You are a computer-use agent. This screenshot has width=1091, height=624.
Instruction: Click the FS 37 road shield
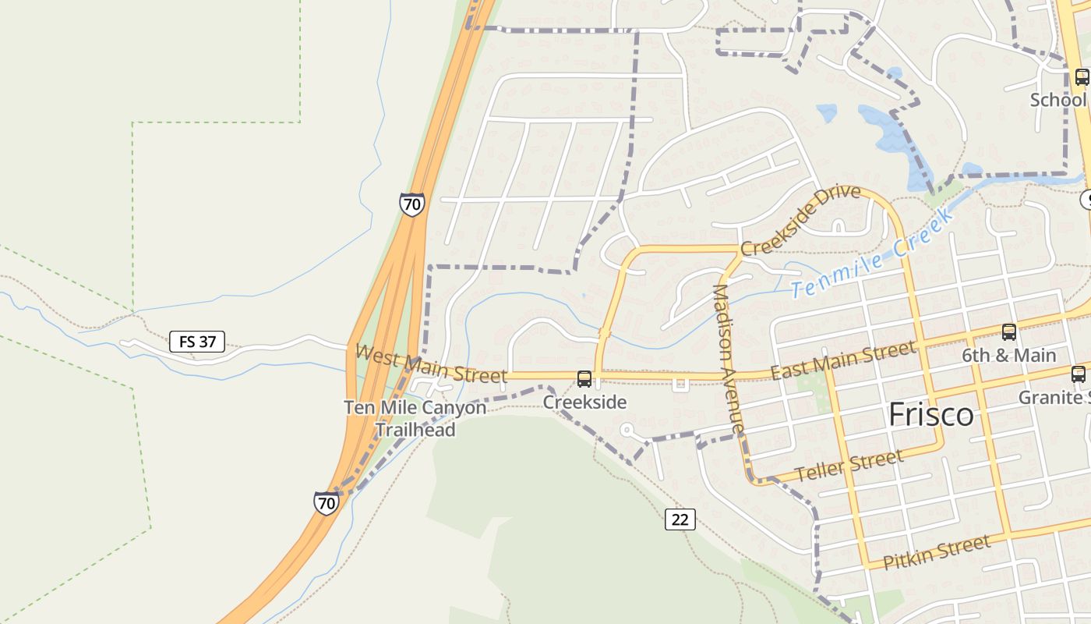[x=197, y=341]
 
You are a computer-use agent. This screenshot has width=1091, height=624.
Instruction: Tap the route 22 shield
[x=680, y=519]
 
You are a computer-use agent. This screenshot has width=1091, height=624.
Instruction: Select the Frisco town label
[x=931, y=414]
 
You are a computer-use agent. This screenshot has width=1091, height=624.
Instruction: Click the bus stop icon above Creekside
[x=584, y=379]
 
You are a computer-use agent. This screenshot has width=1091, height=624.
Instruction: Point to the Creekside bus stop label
[x=584, y=402]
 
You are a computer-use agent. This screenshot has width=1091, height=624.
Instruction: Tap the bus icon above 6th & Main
[x=1009, y=332]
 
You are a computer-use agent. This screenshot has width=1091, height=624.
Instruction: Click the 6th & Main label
[x=1008, y=356]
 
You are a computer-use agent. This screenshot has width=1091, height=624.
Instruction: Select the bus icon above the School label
[x=1082, y=76]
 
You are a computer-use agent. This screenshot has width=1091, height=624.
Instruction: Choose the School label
[x=1057, y=100]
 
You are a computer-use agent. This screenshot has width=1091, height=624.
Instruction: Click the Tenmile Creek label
[x=873, y=256]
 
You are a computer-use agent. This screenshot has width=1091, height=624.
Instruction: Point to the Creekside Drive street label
[x=800, y=222]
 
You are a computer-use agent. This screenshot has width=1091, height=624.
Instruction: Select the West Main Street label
[x=431, y=364]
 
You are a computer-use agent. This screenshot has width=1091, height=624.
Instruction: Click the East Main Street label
[x=843, y=360]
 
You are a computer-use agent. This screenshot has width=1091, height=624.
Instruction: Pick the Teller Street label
[x=849, y=466]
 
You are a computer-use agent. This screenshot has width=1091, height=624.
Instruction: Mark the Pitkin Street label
[x=937, y=551]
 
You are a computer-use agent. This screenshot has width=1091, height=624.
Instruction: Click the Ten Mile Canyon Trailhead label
[x=415, y=418]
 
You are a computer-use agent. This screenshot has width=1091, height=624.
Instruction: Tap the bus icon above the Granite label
[x=1079, y=374]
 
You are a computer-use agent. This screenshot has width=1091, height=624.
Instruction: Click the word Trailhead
[x=415, y=429]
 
